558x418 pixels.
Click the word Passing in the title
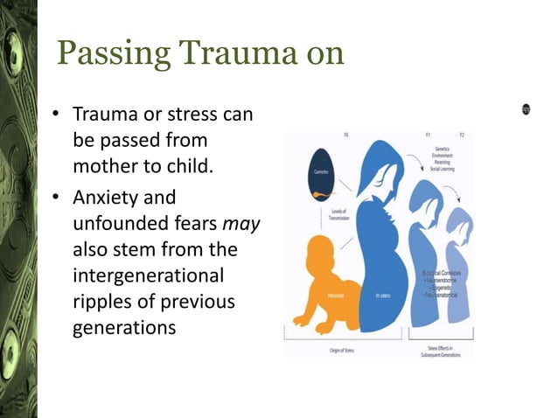(109, 53)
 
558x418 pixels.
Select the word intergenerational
(149, 276)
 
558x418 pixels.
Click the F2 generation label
(461, 136)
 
